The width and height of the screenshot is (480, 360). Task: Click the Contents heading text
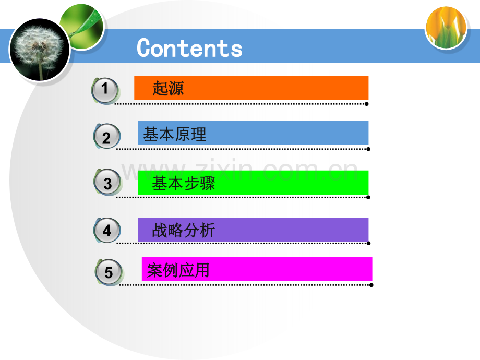(189, 49)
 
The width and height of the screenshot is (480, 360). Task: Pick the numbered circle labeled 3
(107, 183)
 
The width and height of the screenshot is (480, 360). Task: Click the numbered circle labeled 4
(107, 230)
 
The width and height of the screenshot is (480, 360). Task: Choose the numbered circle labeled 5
(109, 272)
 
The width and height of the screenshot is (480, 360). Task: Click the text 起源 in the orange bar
(168, 89)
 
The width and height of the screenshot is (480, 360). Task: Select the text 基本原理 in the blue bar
(175, 134)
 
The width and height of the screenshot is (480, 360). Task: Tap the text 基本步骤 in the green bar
(183, 184)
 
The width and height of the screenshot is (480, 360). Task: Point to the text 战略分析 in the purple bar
(183, 231)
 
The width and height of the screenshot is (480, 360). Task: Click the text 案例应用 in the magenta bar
(178, 270)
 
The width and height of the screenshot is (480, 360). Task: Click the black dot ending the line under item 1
(367, 104)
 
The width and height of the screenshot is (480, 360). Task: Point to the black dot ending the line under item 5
(371, 285)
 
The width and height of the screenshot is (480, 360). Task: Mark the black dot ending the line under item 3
(368, 197)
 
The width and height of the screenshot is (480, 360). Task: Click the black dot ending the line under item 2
(368, 149)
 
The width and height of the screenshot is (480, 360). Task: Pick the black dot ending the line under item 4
(368, 243)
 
